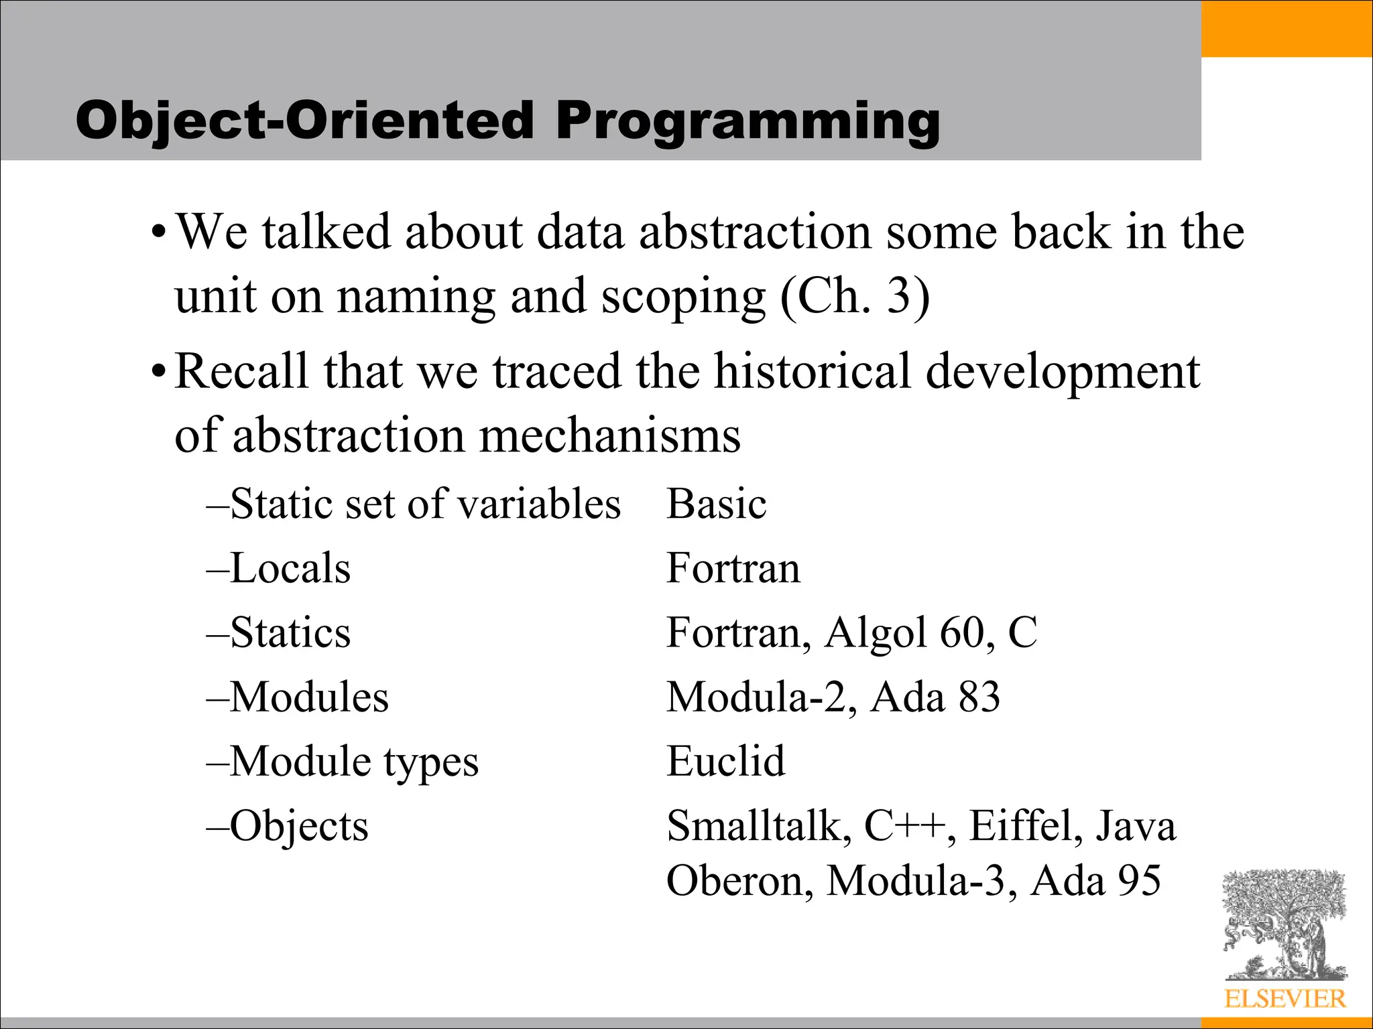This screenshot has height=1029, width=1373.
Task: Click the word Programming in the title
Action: point(747,122)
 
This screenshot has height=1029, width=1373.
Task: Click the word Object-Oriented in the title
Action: point(305,122)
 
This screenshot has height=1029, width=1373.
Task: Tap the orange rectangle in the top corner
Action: point(1287,28)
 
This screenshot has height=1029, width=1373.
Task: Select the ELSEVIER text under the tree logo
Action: point(1285,999)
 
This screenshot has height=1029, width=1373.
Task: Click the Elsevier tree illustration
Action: point(1284,924)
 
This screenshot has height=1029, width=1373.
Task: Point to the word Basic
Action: point(716,504)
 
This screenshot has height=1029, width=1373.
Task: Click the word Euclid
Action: point(725,761)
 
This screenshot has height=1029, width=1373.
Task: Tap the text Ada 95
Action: point(1095,880)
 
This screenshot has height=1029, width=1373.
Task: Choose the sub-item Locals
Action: point(289,568)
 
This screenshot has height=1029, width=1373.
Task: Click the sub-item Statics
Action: point(289,632)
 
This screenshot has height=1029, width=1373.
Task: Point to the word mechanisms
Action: point(610,435)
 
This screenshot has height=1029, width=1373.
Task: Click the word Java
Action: point(1136,825)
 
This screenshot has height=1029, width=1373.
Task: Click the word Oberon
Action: point(739,880)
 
